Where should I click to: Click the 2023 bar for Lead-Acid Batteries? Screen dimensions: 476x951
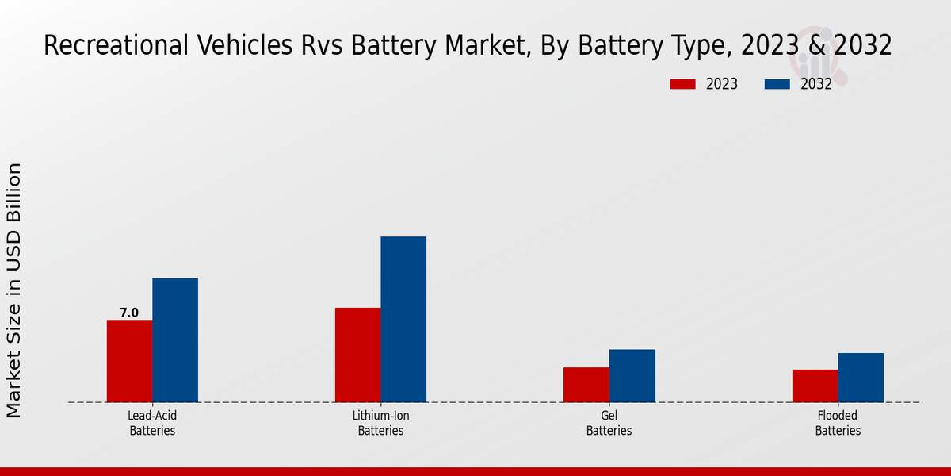click(129, 361)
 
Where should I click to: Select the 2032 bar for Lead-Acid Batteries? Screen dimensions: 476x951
click(175, 340)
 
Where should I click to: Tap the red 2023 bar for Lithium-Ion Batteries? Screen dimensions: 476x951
click(357, 355)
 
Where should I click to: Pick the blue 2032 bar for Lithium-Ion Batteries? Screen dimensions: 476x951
click(403, 319)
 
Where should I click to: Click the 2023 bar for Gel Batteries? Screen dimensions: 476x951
click(586, 385)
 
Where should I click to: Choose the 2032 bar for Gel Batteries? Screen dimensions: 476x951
click(632, 375)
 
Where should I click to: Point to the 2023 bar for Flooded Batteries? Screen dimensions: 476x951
click(815, 386)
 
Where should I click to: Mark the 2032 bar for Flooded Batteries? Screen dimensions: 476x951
click(861, 378)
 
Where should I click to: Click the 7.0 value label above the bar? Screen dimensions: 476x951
click(129, 313)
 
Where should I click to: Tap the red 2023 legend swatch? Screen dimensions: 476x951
click(682, 84)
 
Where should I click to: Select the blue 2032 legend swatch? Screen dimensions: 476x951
click(777, 84)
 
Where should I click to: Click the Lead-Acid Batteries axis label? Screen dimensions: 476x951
click(152, 423)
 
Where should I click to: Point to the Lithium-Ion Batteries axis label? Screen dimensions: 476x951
click(380, 423)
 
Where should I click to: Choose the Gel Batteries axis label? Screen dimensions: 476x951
click(609, 423)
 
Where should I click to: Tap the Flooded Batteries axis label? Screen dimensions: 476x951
click(838, 423)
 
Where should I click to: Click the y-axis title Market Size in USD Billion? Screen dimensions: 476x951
click(14, 290)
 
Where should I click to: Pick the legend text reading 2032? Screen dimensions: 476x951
click(816, 84)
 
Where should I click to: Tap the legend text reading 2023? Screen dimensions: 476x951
click(721, 84)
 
